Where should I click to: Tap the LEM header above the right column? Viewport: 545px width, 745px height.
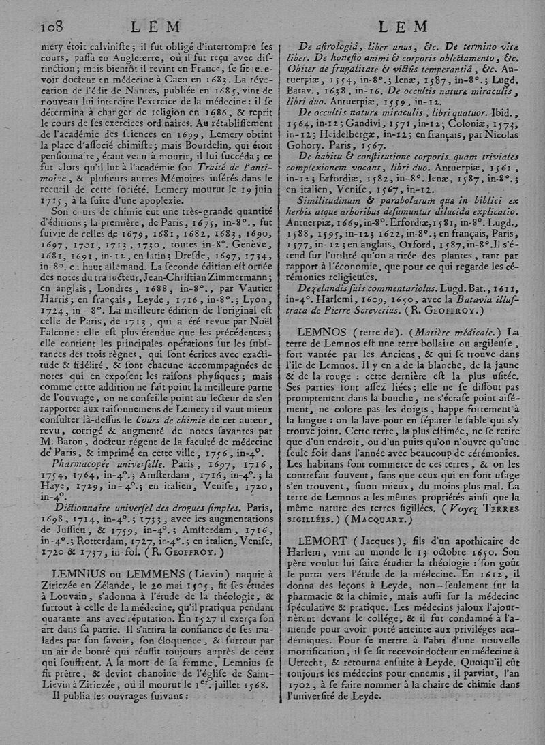[x=402, y=27]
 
